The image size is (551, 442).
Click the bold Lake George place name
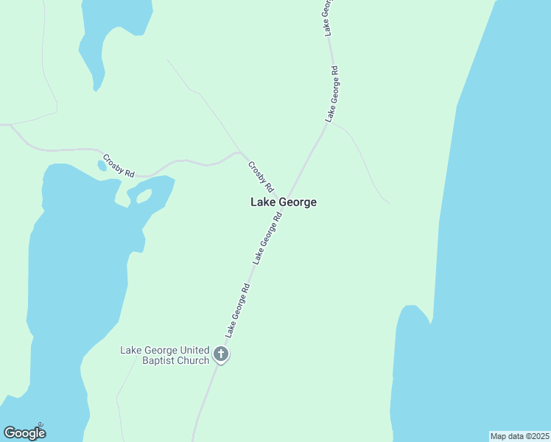coord(284,202)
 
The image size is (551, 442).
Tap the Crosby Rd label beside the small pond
coord(119,166)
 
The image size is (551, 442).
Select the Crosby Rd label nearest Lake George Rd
coord(261,177)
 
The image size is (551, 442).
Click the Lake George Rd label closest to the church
coord(239,310)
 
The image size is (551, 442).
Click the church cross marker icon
coord(220,355)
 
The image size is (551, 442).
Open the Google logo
coord(24,432)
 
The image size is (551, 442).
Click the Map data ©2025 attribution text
coord(519,436)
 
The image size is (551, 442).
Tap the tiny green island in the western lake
coord(143,196)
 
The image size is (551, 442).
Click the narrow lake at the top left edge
coord(110,29)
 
